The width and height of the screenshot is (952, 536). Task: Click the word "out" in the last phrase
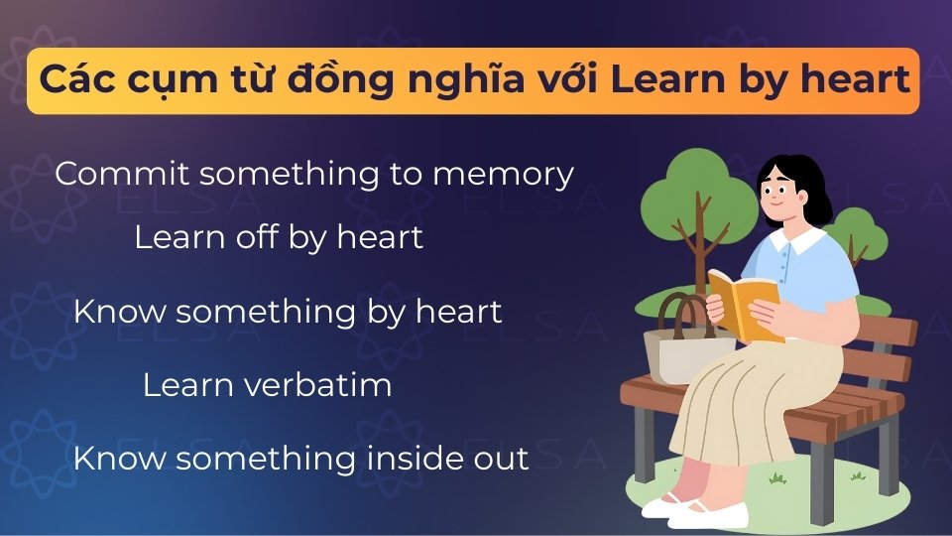(500, 460)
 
